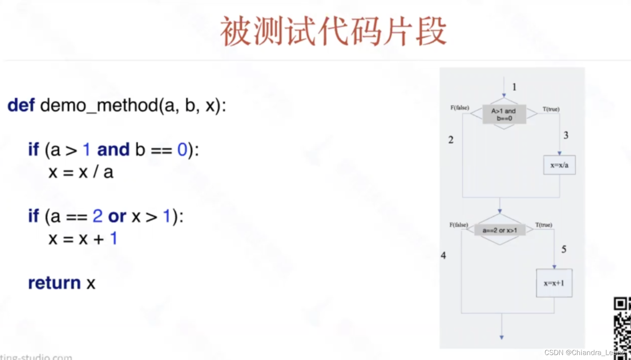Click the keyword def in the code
click(21, 105)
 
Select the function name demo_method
click(99, 105)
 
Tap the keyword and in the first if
click(113, 149)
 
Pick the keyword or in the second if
click(117, 216)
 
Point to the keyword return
click(54, 283)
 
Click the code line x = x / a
click(81, 172)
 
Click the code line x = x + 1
click(83, 239)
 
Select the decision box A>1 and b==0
click(504, 114)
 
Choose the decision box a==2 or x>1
click(500, 230)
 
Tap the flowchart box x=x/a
click(559, 165)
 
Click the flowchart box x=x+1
click(554, 283)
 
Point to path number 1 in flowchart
click(514, 87)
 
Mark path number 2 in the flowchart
click(451, 140)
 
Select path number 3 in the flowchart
click(566, 135)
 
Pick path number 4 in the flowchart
click(443, 256)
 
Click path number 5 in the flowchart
click(564, 249)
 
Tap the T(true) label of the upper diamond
click(551, 109)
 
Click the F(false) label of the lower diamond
click(459, 225)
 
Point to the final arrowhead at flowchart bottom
click(502, 337)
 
